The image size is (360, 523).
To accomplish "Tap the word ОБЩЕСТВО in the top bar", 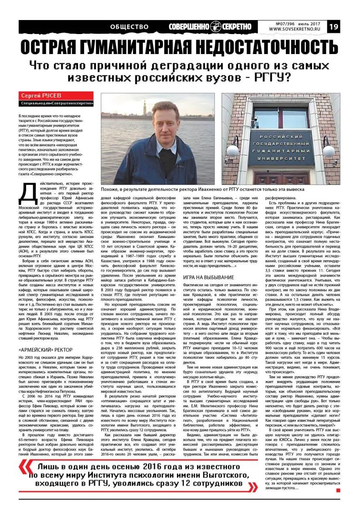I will pos(129,27).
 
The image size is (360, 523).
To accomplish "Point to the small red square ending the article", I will pos(338,491).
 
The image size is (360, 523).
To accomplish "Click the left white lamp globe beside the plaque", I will pos(244,151).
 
